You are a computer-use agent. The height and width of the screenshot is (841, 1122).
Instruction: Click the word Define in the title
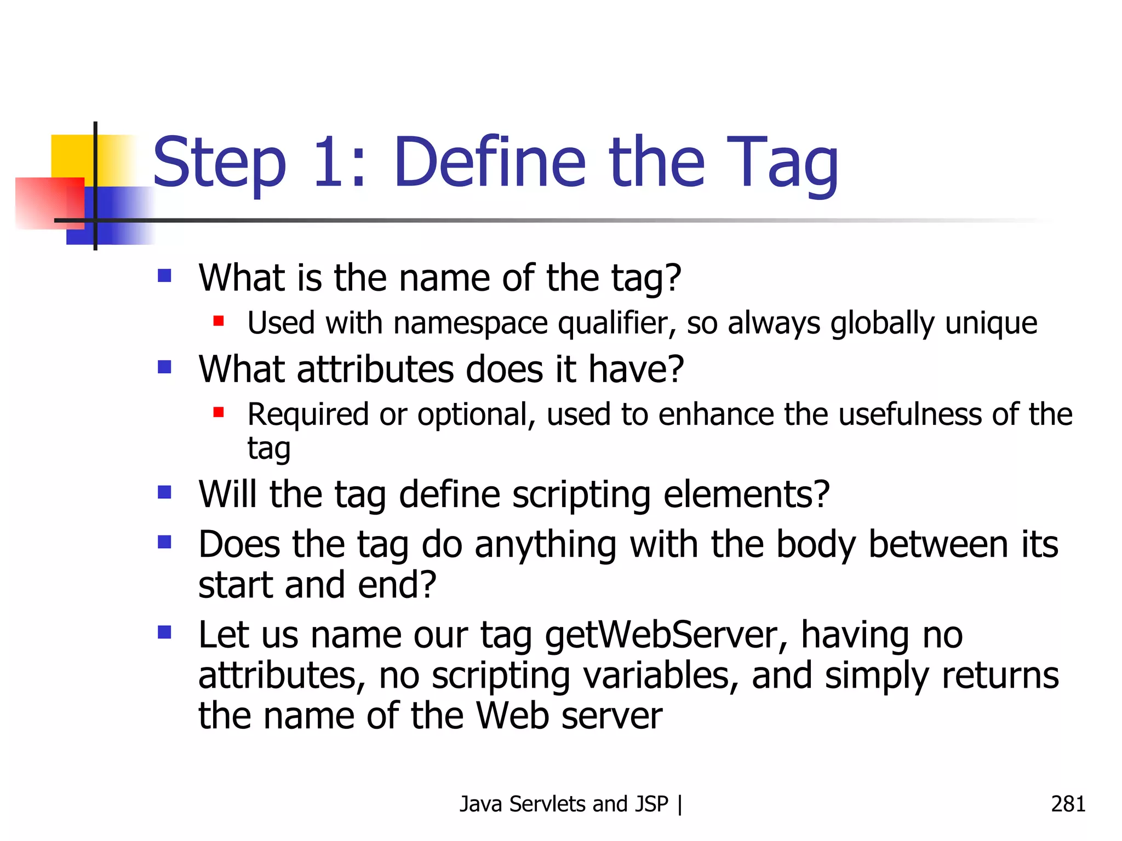[489, 163]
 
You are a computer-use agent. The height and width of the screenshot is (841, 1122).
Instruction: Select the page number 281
[1068, 804]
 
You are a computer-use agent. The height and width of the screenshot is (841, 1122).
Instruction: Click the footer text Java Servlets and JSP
[564, 804]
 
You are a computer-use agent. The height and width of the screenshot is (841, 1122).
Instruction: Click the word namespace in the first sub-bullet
[470, 324]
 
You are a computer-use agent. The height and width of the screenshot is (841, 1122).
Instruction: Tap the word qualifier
[617, 324]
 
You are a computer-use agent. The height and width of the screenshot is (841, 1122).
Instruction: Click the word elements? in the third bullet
[746, 494]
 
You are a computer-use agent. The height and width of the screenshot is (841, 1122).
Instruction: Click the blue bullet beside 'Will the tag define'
[164, 492]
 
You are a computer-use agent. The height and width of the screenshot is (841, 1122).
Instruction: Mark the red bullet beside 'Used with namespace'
[219, 320]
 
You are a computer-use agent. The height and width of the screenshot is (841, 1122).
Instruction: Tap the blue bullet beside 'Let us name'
[164, 633]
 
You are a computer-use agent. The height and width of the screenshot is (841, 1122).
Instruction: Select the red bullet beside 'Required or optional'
[219, 412]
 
